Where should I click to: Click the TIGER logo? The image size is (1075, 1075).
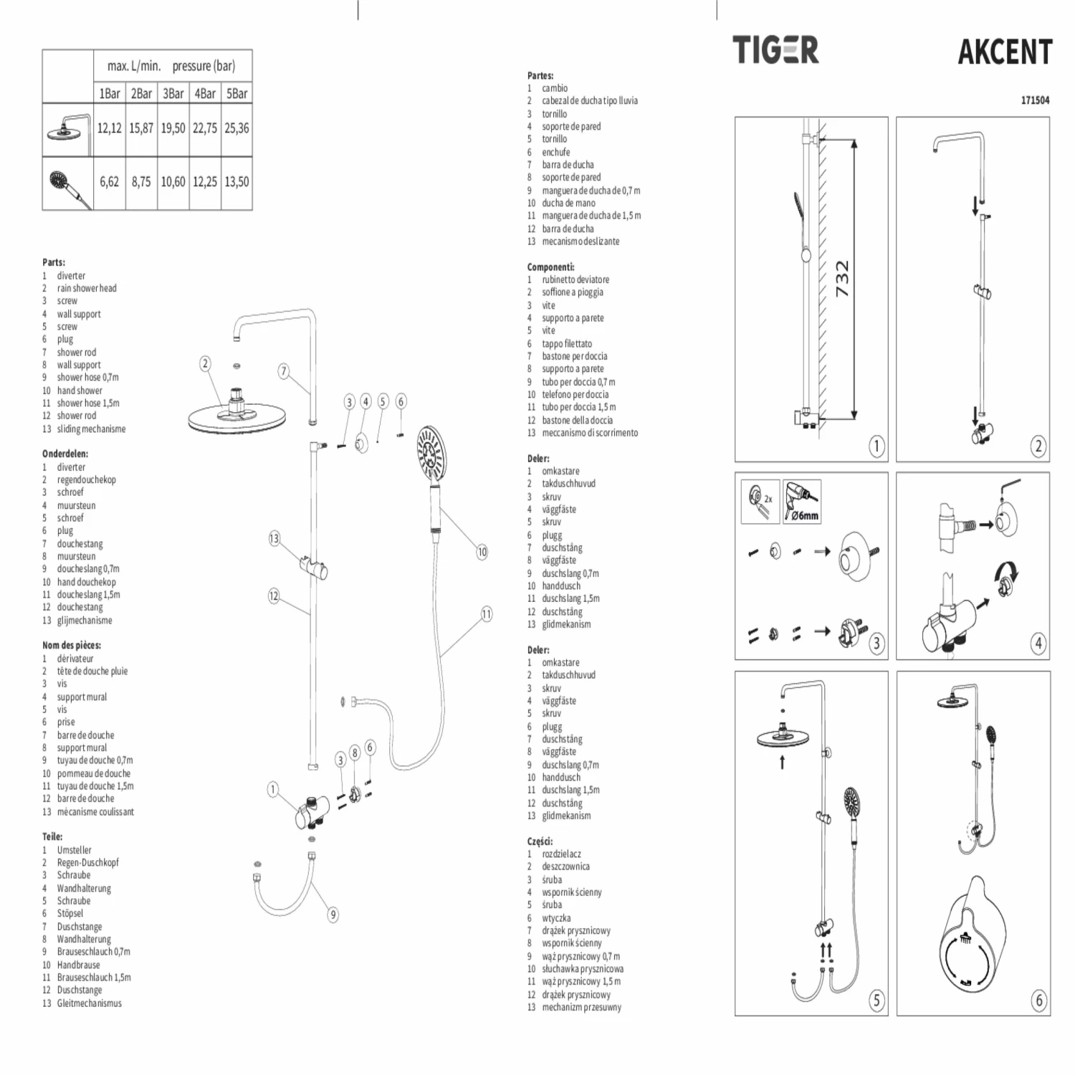[775, 50]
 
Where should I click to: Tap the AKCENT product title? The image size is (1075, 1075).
[1005, 52]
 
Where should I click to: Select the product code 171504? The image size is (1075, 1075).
[1035, 100]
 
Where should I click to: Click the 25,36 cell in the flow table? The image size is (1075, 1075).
[236, 128]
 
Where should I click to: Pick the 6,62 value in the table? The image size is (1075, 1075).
[109, 182]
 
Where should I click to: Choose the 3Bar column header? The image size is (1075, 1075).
[173, 94]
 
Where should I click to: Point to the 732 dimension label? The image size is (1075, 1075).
[842, 279]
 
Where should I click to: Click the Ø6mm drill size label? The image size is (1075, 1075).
[805, 515]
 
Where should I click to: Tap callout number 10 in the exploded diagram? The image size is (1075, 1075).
[482, 552]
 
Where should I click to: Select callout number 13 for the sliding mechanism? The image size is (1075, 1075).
[274, 538]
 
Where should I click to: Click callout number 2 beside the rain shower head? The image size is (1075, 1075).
[205, 363]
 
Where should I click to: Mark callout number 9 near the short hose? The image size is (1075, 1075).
[333, 914]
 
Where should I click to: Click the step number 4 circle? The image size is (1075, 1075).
[1038, 643]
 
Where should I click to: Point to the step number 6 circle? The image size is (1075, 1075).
[1038, 1000]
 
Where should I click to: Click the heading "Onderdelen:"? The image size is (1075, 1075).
[65, 454]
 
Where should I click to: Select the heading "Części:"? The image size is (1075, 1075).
[540, 841]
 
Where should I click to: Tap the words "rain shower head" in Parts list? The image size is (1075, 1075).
[87, 288]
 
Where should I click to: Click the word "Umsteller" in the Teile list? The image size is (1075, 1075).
[75, 850]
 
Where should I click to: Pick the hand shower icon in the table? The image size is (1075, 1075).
[69, 184]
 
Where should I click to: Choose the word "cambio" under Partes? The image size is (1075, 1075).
[555, 88]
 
